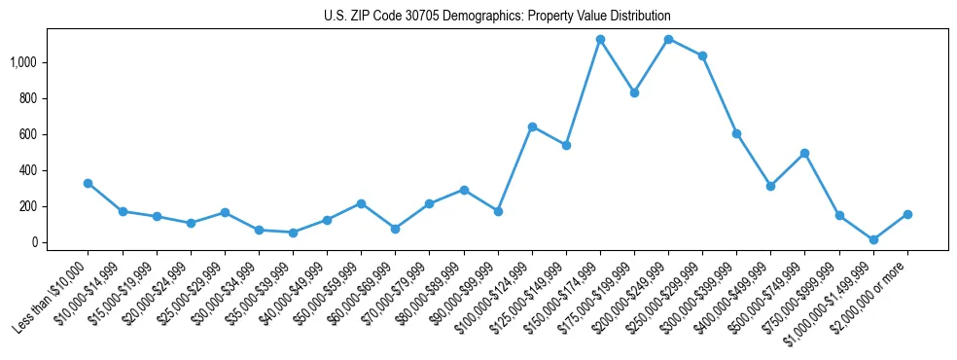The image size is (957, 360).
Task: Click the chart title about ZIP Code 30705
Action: tap(497, 17)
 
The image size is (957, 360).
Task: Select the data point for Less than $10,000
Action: tap(88, 183)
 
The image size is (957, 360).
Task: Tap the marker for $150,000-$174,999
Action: tap(600, 40)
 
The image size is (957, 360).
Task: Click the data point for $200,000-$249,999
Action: tap(668, 40)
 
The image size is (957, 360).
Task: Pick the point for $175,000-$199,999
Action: tap(634, 93)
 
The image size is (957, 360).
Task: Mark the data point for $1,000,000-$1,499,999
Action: tap(873, 239)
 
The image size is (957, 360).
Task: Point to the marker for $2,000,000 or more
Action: tap(907, 214)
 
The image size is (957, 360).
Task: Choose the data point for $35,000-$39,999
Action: tap(293, 233)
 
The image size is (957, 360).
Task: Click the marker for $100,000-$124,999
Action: tap(532, 126)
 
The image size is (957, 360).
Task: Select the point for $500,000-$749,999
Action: tap(805, 153)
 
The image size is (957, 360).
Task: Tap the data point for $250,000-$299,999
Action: tap(702, 55)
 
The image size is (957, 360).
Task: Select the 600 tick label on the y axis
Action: tap(29, 134)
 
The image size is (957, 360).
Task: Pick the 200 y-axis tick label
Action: tap(29, 206)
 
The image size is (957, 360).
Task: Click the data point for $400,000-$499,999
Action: tap(770, 186)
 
